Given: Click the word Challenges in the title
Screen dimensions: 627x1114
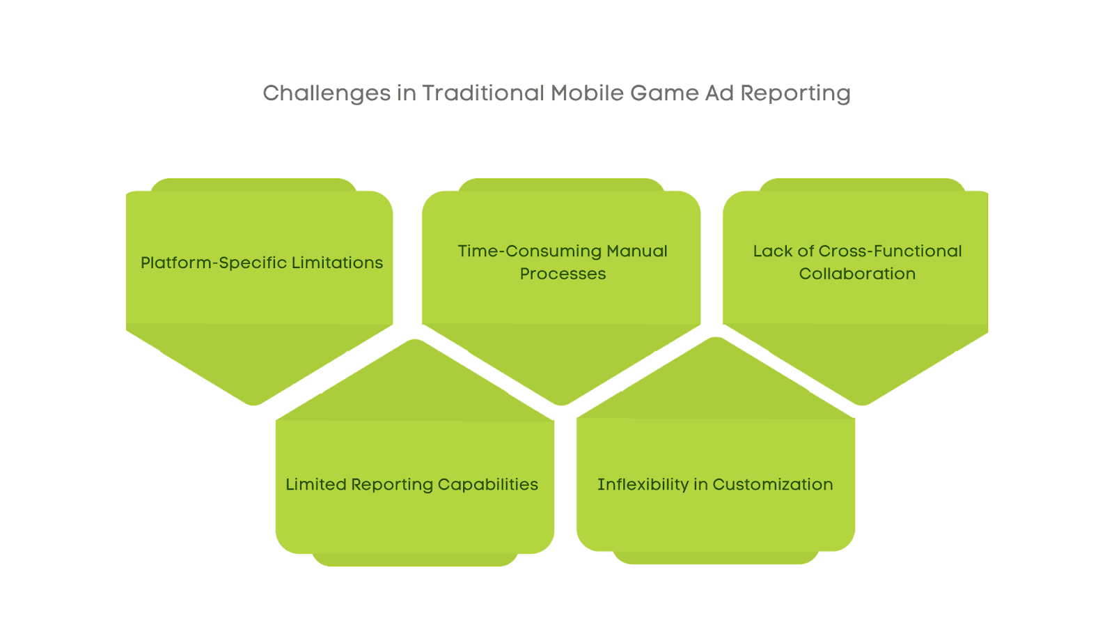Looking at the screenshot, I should coord(327,93).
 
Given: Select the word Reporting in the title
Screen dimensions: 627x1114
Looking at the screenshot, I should coord(795,93).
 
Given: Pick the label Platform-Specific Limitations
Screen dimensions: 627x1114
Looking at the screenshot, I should coord(262,263).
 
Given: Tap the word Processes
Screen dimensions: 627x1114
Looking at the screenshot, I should coord(563,274).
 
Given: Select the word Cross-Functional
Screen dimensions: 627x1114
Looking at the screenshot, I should coord(891,251).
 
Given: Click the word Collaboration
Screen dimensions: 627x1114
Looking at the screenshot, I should coord(857,274).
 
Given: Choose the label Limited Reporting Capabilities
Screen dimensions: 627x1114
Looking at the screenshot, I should coord(411,484).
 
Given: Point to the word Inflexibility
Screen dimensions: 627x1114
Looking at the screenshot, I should coord(643,484).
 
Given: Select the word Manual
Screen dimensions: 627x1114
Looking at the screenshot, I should coord(636,251).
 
